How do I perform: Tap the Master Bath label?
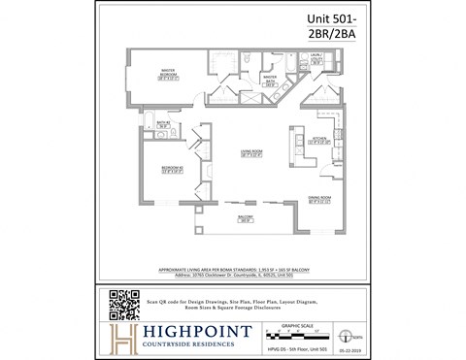tap(271, 81)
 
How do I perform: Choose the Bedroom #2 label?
tap(172, 171)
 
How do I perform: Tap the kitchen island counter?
tap(290, 146)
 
